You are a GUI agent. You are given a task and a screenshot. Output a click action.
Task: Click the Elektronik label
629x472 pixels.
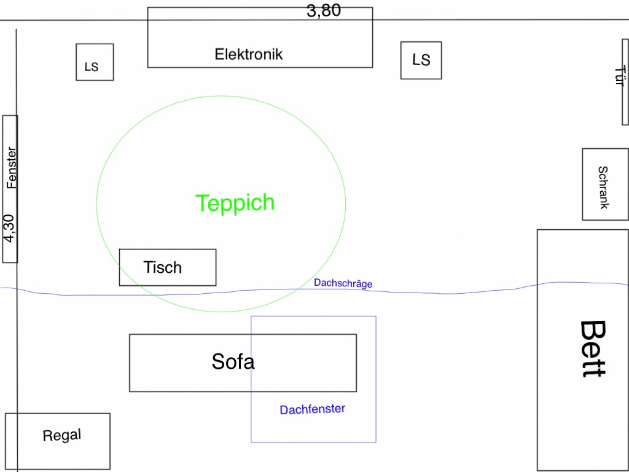coord(249,54)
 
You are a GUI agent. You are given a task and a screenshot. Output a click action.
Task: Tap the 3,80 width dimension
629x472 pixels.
coord(324,10)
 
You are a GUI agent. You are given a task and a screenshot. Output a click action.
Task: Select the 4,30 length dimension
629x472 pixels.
coord(9,227)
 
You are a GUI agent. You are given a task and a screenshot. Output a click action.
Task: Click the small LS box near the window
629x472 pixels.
coord(95,62)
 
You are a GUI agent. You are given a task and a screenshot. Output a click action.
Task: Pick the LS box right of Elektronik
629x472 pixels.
coord(421,60)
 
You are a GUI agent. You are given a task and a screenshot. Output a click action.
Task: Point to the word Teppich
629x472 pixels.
coord(235,203)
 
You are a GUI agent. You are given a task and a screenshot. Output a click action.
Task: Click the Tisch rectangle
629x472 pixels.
coord(168,267)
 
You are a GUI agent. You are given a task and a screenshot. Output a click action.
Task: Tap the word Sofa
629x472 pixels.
coord(233,361)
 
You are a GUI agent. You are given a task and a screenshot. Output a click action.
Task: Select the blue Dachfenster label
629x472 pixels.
coord(313,409)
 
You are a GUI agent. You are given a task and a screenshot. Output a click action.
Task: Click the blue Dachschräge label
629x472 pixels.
coord(343,283)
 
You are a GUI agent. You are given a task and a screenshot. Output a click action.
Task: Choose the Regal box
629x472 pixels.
coord(58,441)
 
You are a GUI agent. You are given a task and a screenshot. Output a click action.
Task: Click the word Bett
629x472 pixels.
coord(593,348)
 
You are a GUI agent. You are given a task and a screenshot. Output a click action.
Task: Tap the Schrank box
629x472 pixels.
coord(605,184)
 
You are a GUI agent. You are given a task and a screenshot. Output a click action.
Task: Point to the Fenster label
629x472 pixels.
coord(12,167)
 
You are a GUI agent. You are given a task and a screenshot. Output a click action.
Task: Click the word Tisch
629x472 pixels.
coord(163,267)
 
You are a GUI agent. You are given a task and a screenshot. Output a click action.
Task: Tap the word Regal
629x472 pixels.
coord(61,436)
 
